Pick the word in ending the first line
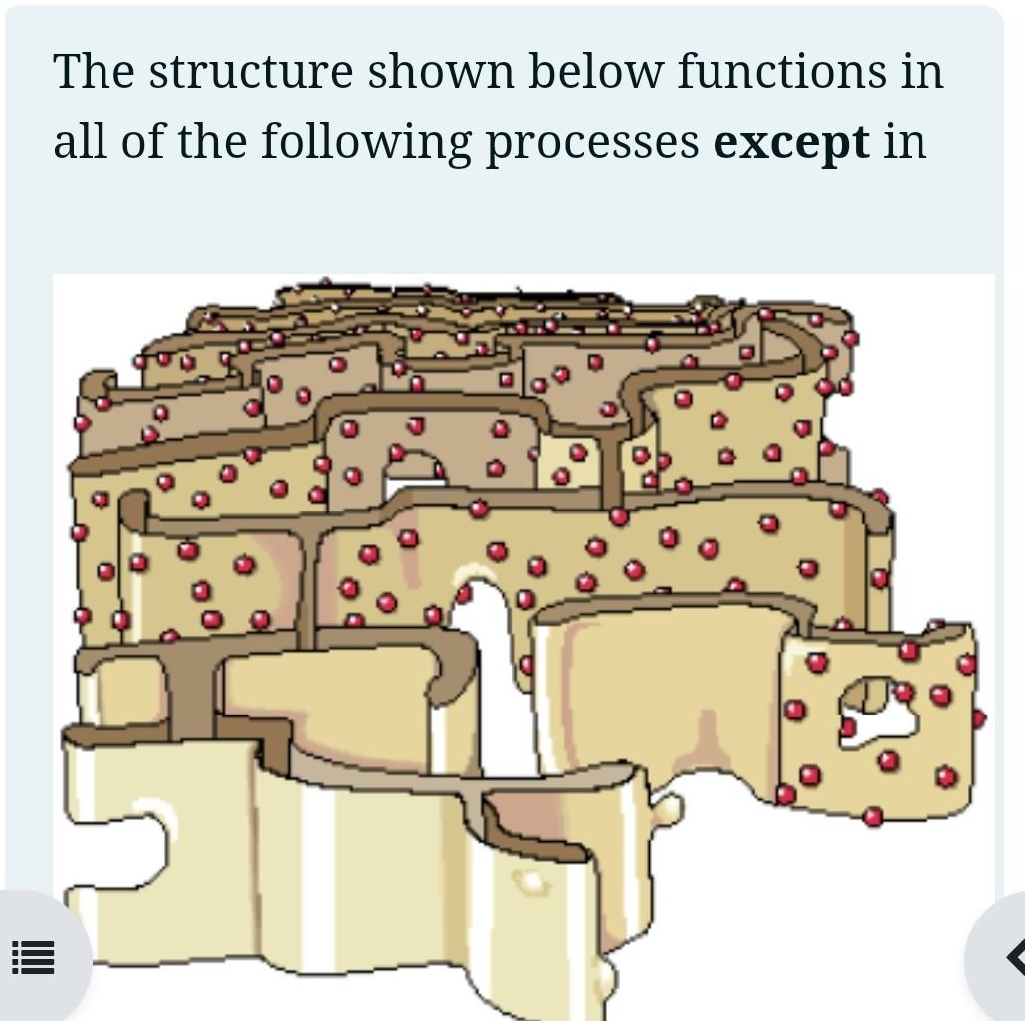pyautogui.click(x=922, y=72)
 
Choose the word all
pyautogui.click(x=80, y=141)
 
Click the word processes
pyautogui.click(x=592, y=143)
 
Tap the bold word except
pyautogui.click(x=791, y=143)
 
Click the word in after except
pyautogui.click(x=905, y=141)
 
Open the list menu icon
pyautogui.click(x=33, y=958)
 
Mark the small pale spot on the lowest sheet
pyautogui.click(x=531, y=882)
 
